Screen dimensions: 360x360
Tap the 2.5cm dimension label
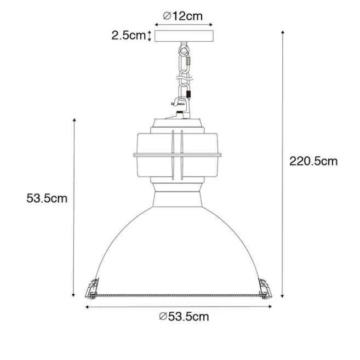128,36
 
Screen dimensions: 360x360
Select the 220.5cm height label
313,161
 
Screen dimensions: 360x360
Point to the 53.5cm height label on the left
47,198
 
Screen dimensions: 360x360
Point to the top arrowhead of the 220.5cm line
282,32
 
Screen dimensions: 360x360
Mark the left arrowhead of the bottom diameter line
88,306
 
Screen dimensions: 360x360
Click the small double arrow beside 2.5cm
150,36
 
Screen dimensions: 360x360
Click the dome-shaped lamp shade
179,247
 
